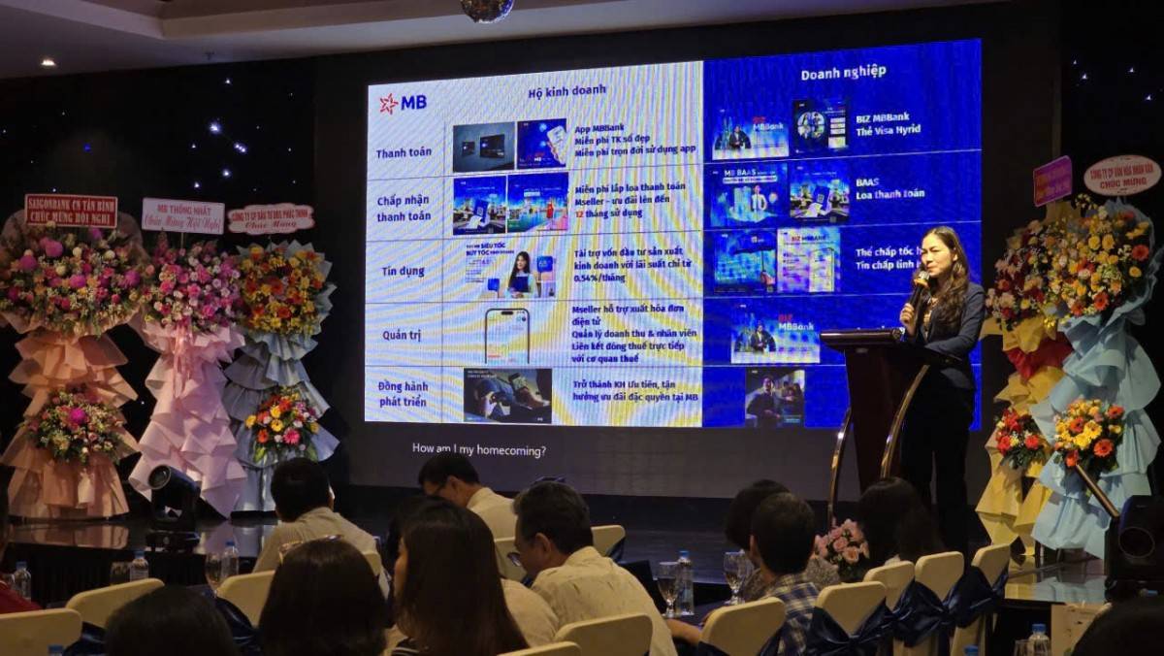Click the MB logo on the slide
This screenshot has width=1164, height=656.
tap(403, 103)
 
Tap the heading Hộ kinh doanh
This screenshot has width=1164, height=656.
tap(567, 90)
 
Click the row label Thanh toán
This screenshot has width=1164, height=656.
tap(404, 152)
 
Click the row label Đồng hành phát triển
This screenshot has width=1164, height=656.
tap(403, 393)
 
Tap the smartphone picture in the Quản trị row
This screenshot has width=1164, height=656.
tap(506, 336)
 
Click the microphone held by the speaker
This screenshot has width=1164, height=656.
tap(917, 287)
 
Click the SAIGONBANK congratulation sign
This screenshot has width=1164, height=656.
tap(71, 210)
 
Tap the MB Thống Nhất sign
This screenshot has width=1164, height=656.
tap(182, 215)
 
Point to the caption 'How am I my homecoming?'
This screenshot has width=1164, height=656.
tap(478, 449)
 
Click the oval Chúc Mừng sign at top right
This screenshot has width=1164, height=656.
tap(1121, 175)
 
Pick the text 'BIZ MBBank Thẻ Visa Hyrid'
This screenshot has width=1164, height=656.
tap(889, 124)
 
